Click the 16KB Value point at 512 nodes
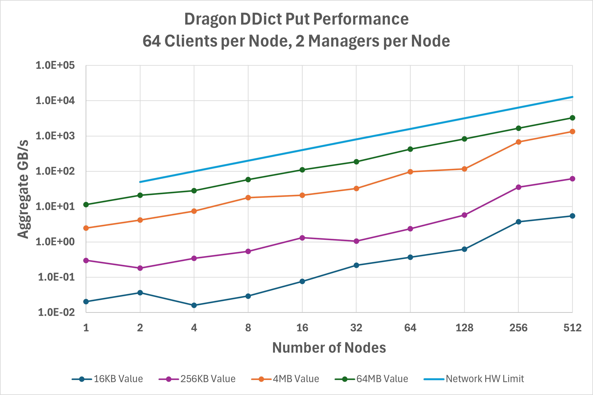(572, 216)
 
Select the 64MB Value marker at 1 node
(86, 204)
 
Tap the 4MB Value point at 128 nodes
(464, 169)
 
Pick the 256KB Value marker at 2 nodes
(140, 268)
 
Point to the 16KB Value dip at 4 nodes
(194, 305)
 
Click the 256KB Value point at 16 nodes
(302, 238)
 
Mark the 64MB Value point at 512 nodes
(572, 118)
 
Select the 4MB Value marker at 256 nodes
(518, 142)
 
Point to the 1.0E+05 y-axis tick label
(55, 65)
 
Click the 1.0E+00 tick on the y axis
(55, 242)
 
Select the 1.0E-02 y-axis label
(56, 312)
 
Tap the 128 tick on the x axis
(464, 328)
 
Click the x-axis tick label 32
(356, 328)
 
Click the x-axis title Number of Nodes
(329, 348)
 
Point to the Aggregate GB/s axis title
(23, 189)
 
